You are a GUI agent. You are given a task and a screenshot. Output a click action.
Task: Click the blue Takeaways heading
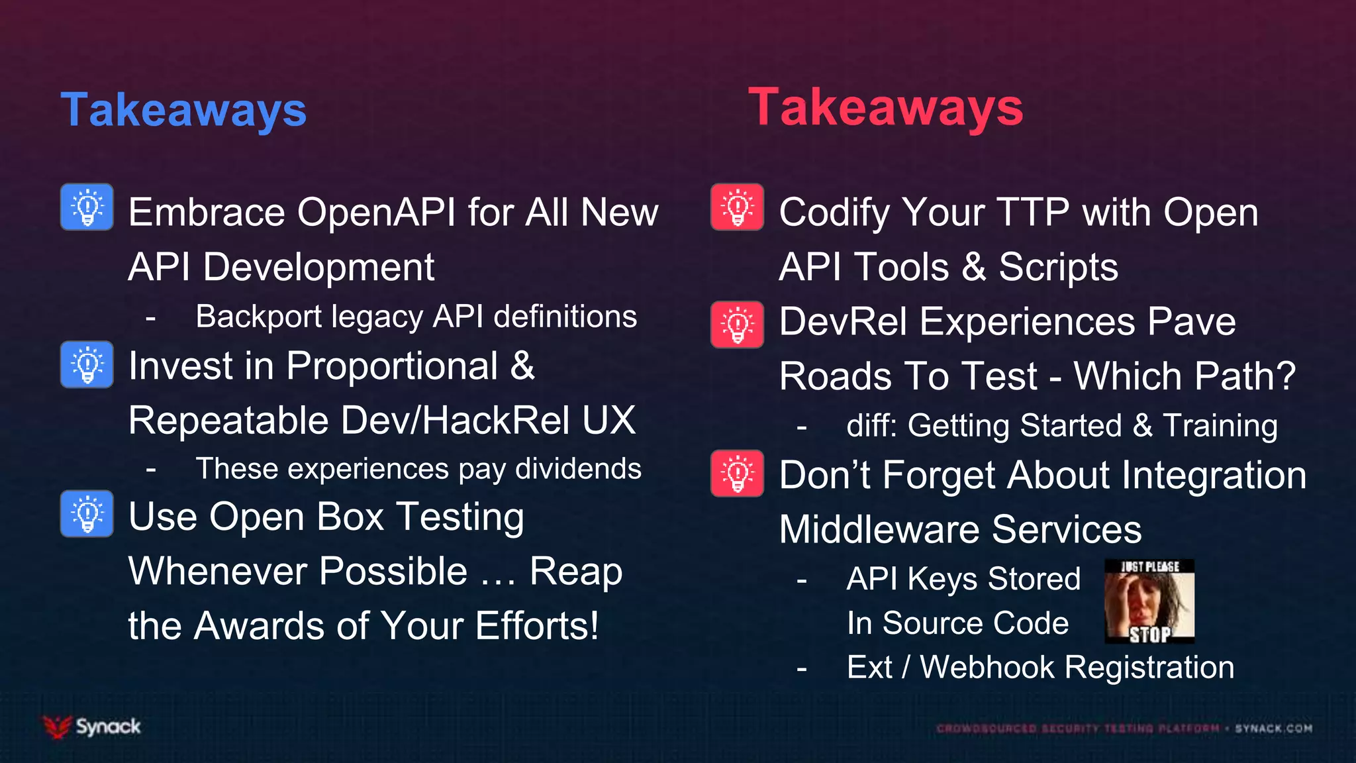pos(183,110)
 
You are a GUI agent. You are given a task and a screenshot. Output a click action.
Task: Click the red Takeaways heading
pos(885,107)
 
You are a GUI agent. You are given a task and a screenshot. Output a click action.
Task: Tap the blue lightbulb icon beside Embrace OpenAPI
pos(87,207)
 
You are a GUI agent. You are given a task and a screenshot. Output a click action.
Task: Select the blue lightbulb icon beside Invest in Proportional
pos(87,364)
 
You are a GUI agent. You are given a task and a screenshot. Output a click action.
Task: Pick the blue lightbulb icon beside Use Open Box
pos(87,514)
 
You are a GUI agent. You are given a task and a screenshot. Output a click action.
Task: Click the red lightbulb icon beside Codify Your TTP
pos(737,207)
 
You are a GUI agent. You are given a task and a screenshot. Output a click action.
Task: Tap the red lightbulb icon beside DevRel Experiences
pos(737,325)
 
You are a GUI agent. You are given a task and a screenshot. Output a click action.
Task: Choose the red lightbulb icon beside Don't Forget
pos(737,474)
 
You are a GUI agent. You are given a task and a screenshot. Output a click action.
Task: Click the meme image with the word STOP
pos(1149,601)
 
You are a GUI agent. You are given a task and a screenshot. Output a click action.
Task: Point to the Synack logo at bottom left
pos(92,727)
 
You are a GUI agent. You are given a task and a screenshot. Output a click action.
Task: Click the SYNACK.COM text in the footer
pos(1273,729)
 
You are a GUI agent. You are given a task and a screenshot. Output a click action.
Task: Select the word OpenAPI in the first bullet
pos(376,213)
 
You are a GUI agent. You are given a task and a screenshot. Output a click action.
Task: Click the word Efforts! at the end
pos(537,626)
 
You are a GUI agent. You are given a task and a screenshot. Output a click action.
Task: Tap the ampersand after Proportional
pos(522,366)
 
